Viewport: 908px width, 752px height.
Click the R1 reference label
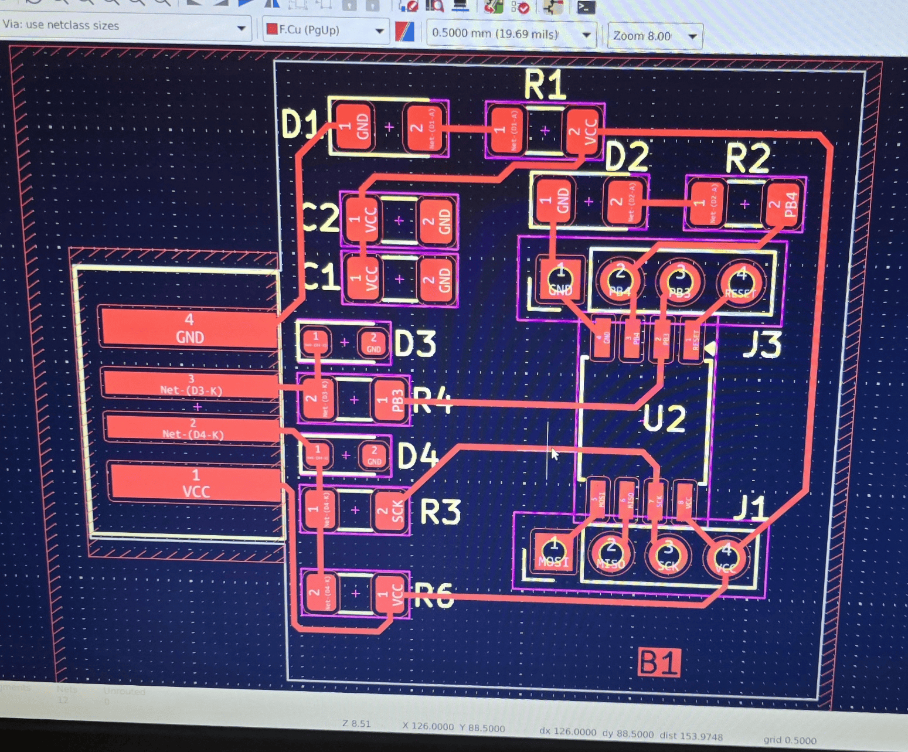(x=545, y=85)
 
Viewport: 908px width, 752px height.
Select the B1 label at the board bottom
(x=659, y=662)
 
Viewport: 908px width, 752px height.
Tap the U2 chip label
(x=664, y=418)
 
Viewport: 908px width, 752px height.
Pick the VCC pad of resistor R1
(x=583, y=130)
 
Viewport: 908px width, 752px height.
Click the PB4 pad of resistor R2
(x=784, y=205)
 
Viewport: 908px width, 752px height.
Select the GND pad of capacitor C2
(x=437, y=221)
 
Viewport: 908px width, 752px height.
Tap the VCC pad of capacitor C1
(x=363, y=277)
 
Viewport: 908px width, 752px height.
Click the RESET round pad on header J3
(x=740, y=282)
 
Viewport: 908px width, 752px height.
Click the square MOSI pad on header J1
(x=553, y=553)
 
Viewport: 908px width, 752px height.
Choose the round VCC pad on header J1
(x=726, y=557)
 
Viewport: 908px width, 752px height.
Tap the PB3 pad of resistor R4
(x=389, y=400)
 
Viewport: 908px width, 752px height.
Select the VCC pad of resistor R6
(x=390, y=593)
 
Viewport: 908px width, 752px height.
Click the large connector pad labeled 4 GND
(x=190, y=329)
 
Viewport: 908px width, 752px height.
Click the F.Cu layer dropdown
(x=326, y=30)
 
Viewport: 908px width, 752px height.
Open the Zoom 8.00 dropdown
(x=655, y=36)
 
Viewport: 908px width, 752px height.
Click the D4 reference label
(x=417, y=455)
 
